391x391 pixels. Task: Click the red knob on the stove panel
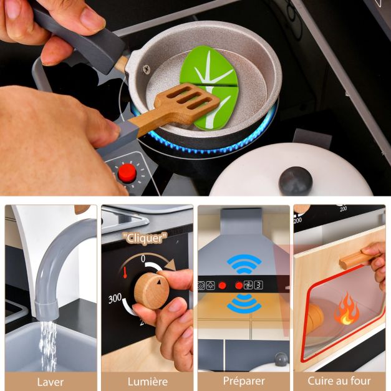(x=127, y=172)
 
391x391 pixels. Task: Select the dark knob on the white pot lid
(x=295, y=180)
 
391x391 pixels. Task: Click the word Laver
(x=51, y=381)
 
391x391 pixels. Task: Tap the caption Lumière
(x=147, y=381)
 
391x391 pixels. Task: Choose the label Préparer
(x=244, y=381)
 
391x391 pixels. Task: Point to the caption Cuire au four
(x=339, y=381)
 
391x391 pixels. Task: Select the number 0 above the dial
(x=143, y=258)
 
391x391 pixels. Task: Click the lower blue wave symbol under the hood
(x=244, y=304)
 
